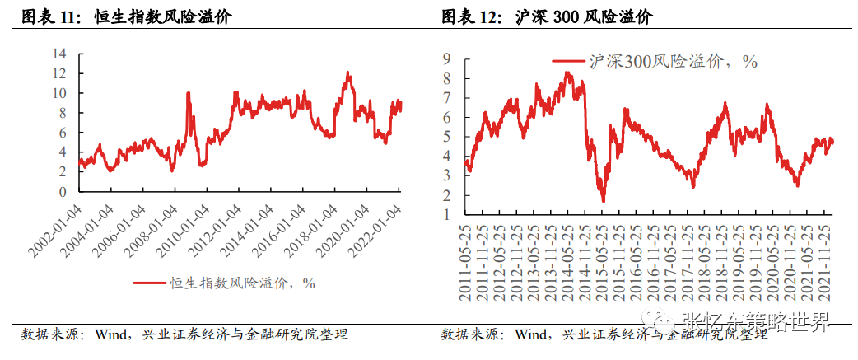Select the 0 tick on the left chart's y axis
63,192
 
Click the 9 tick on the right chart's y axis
446,59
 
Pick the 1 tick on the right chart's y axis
446,214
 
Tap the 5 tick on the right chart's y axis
446,137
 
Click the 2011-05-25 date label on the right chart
467,264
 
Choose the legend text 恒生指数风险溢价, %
242,283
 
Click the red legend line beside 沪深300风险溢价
569,61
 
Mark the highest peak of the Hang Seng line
348,73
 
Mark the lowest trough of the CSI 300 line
603,200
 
